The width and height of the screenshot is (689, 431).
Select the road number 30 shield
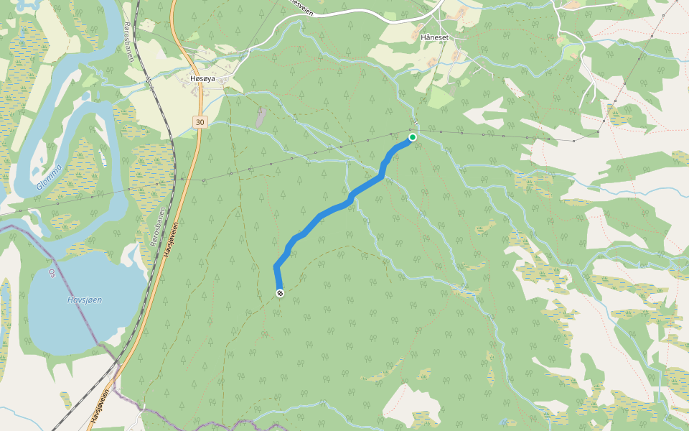200,123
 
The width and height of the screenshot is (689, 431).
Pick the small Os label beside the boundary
51,273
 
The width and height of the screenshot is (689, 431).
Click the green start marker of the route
413,137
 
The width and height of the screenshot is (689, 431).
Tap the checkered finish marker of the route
279,293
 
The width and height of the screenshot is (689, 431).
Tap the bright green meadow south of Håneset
439,97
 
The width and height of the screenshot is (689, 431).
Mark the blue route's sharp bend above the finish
276,267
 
